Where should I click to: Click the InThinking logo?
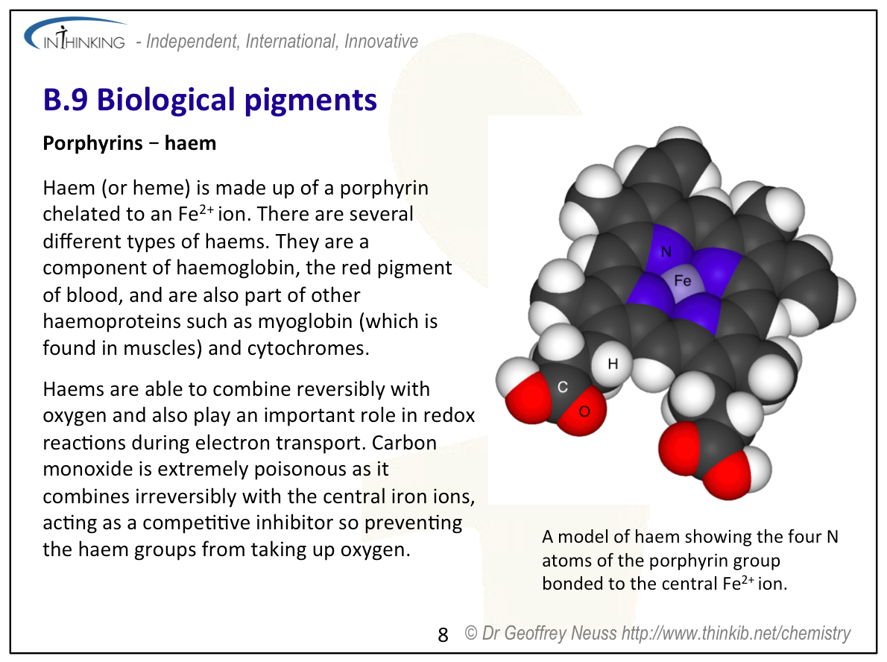coord(75,35)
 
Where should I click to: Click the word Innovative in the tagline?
coord(381,41)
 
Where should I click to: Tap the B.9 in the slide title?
coord(65,100)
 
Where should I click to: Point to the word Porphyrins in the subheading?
coord(92,144)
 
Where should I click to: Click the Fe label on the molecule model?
coord(682,280)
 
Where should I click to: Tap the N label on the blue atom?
coord(666,252)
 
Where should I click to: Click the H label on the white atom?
coord(613,364)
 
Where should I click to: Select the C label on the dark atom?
coord(562,387)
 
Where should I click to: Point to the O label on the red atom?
coord(584,412)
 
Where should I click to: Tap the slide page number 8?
coord(443,635)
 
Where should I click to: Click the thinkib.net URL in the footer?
coord(736,633)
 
